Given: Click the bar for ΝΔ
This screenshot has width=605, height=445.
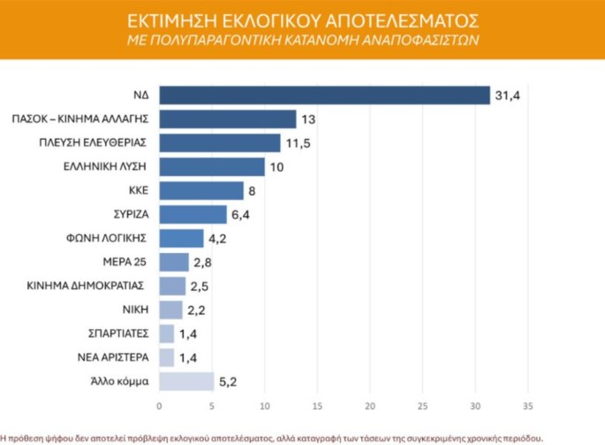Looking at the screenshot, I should click(x=324, y=95).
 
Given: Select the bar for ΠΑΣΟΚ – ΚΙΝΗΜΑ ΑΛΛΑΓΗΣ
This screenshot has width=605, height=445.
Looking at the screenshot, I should click(x=228, y=119).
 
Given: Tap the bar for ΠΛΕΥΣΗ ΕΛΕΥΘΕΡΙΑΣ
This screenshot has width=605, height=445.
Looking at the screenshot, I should click(x=220, y=142).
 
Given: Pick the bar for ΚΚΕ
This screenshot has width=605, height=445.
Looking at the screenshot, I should click(x=201, y=190).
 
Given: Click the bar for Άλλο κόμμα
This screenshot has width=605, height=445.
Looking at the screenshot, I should click(x=186, y=381).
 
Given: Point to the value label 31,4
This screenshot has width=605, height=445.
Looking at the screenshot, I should click(x=505, y=95).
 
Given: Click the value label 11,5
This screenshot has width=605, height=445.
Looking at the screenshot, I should click(x=296, y=142).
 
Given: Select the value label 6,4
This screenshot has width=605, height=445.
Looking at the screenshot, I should click(x=241, y=214).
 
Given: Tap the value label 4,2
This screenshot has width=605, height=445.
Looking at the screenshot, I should click(x=218, y=238).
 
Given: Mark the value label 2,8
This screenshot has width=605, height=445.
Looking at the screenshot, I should click(x=203, y=262).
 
